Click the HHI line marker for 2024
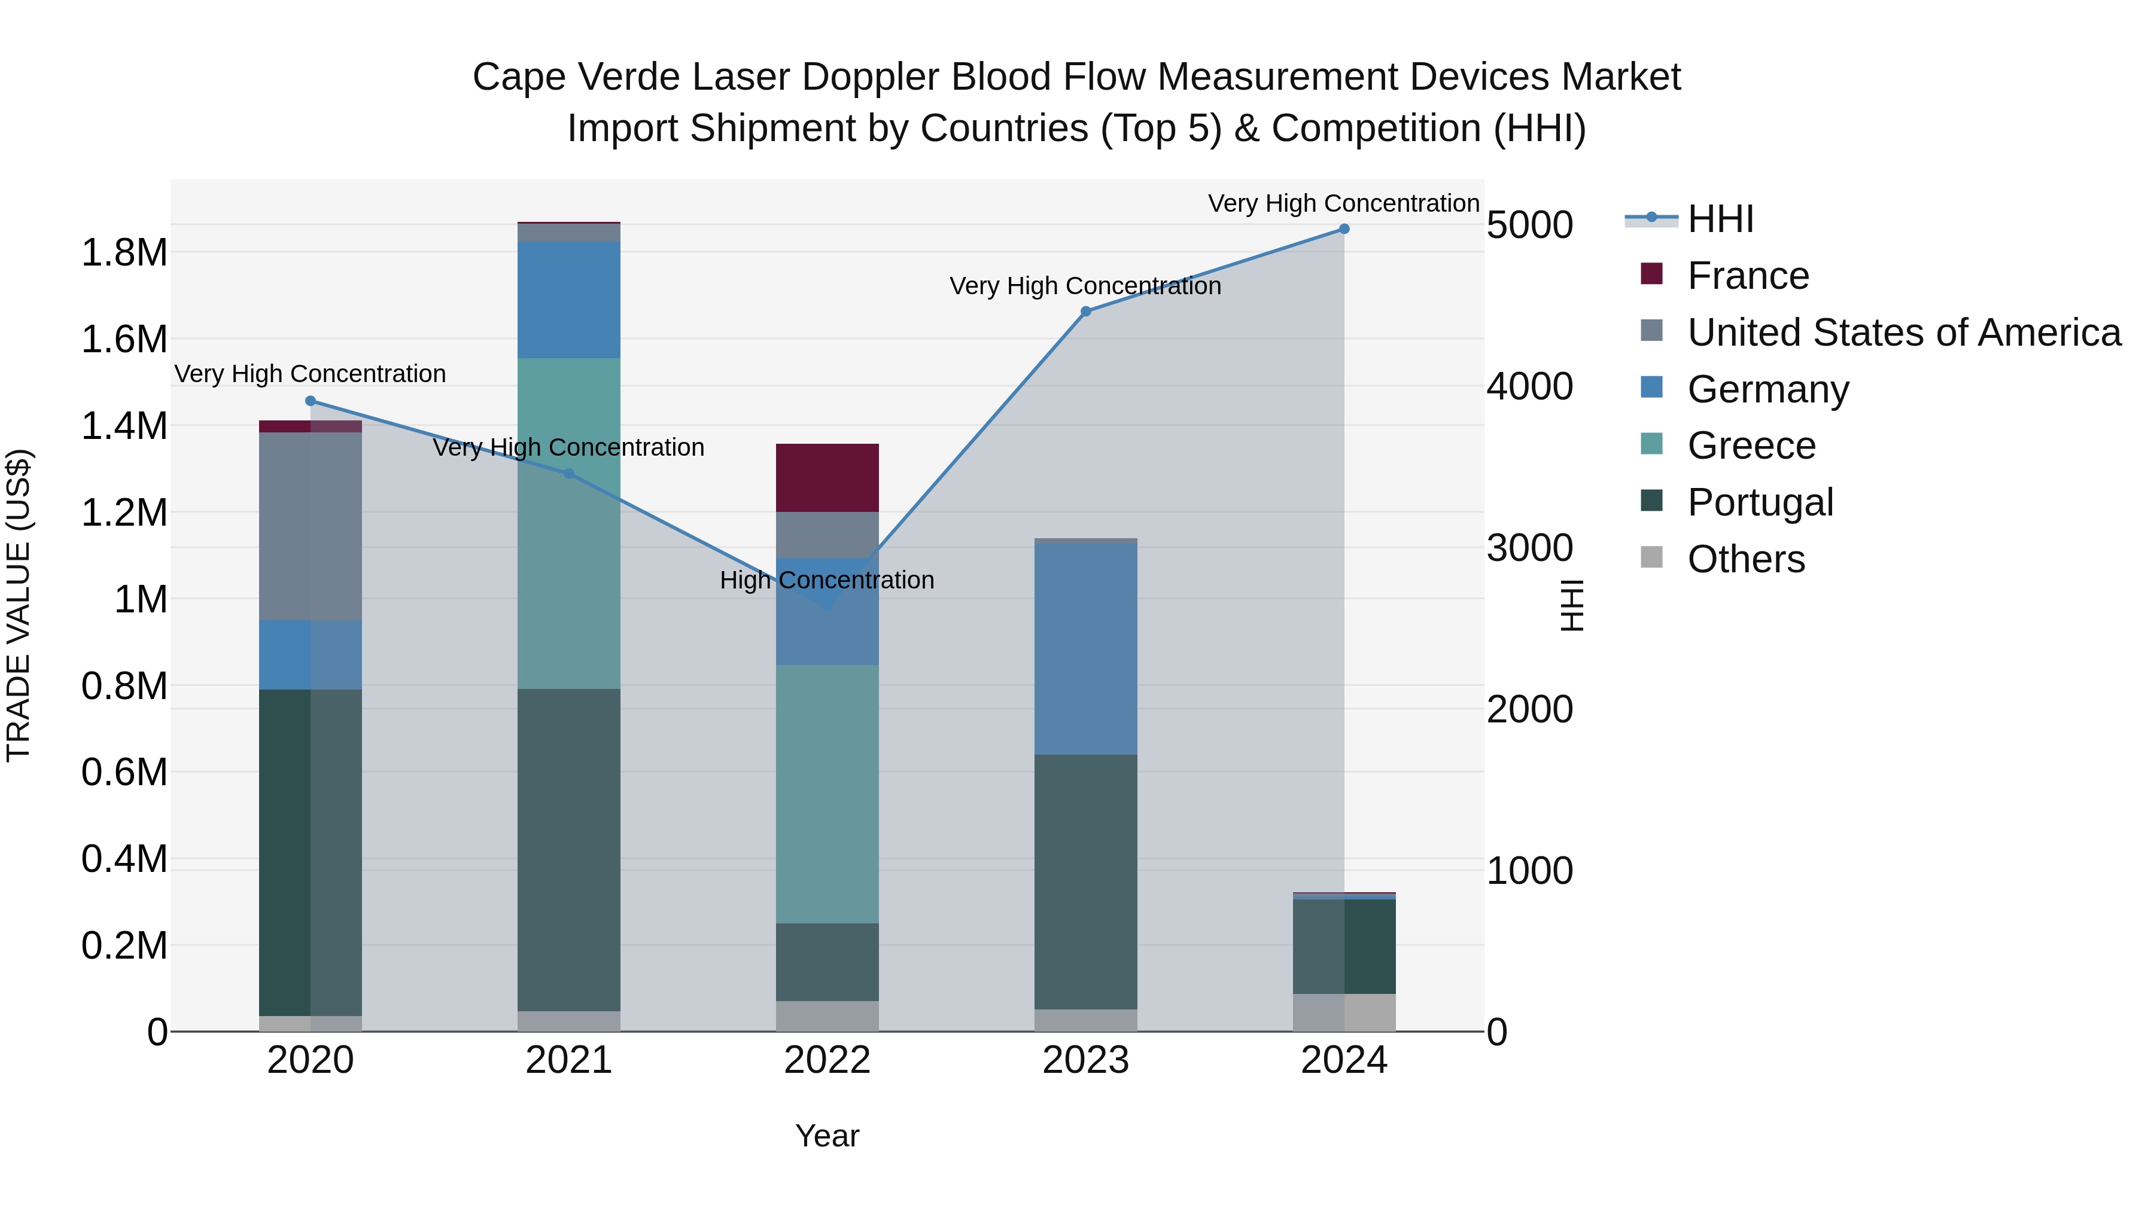point(1344,229)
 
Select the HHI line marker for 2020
point(310,401)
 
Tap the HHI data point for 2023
point(1085,312)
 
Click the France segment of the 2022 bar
point(827,478)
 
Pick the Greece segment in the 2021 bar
point(568,523)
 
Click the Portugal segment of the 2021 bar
point(568,850)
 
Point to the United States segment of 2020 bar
point(310,526)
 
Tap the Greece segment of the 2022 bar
point(827,794)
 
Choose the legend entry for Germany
point(1767,389)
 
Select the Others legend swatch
point(1651,557)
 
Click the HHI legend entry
point(1720,219)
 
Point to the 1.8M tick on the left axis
point(124,252)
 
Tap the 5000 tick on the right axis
point(1529,225)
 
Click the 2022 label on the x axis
point(827,1060)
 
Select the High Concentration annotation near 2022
point(827,580)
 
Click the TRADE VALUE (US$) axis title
point(19,605)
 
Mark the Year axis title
point(827,1136)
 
